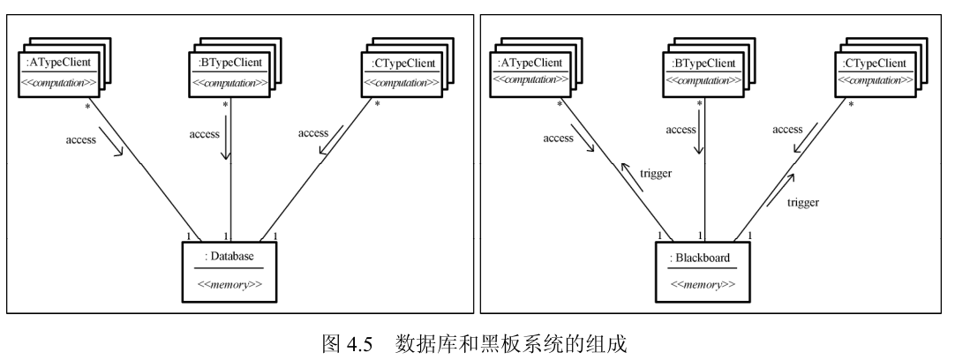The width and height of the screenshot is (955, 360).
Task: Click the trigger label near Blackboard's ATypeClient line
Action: tap(656, 174)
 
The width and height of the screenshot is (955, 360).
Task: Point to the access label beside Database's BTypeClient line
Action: tap(204, 133)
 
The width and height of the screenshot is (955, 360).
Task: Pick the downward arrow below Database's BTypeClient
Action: tap(228, 139)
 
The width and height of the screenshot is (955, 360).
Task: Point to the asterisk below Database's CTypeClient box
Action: tap(378, 104)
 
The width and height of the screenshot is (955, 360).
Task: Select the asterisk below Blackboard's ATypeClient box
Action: tap(560, 104)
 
